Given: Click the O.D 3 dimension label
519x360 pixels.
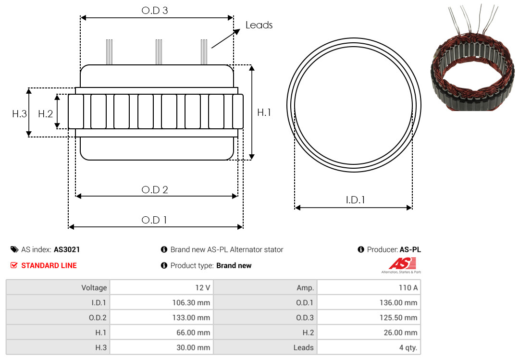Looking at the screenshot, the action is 155,11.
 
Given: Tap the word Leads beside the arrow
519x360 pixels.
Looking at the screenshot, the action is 259,25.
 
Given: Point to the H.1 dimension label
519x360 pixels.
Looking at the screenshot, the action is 264,112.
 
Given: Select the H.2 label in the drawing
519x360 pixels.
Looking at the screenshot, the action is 45,114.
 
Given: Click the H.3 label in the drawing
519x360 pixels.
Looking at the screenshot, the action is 20,114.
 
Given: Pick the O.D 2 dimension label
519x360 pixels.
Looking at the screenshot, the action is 155,190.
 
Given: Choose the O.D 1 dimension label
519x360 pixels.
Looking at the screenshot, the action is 154,220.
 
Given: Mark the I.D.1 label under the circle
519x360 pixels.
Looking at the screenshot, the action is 355,200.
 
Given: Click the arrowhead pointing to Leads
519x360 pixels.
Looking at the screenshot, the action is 236,32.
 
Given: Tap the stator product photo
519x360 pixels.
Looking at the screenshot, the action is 473,58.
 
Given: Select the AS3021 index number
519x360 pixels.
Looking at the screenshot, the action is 67,249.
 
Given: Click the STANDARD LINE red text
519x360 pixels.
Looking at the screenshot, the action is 49,266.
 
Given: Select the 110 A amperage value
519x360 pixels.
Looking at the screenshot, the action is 408,287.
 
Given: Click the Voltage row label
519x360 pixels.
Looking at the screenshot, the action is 94,288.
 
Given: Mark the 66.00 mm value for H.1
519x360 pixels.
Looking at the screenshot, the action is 193,333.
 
